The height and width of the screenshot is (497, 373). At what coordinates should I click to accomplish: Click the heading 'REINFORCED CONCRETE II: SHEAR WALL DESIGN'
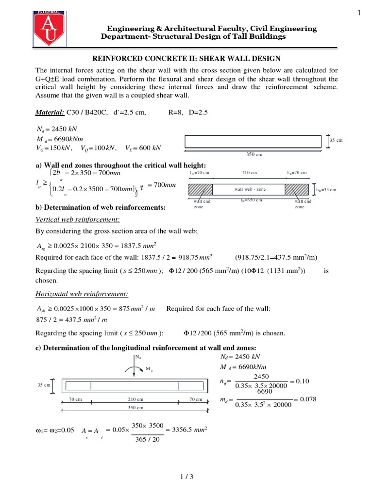(186, 59)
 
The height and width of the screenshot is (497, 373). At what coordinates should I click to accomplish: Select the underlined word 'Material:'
(50, 112)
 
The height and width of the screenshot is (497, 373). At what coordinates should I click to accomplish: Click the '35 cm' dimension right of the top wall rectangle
(336, 140)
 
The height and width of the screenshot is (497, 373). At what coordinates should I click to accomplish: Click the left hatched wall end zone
(201, 189)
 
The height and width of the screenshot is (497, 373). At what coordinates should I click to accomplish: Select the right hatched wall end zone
(297, 189)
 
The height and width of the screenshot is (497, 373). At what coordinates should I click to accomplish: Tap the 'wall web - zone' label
(250, 189)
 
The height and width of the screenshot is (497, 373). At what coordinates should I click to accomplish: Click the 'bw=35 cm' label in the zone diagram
(326, 190)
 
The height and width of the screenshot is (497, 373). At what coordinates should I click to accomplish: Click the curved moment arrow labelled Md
(135, 370)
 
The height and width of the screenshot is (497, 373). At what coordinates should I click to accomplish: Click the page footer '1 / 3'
(186, 477)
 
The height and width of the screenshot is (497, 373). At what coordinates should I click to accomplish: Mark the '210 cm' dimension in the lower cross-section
(135, 399)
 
